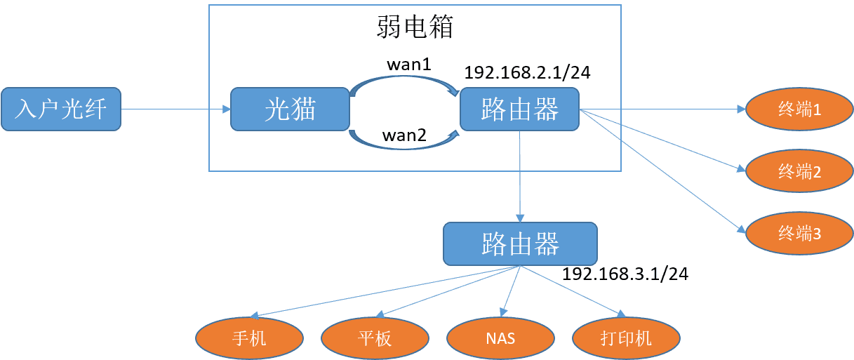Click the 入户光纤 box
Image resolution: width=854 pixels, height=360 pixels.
(61, 109)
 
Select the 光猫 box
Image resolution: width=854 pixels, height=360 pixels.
(290, 109)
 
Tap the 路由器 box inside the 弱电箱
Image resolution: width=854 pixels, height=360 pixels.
(519, 109)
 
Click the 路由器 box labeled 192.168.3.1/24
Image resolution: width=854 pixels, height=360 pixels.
(520, 244)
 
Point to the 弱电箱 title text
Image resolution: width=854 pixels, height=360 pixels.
(415, 27)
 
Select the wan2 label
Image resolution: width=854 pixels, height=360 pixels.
(403, 135)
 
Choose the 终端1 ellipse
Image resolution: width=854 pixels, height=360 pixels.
(799, 110)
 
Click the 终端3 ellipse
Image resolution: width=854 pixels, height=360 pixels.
(799, 234)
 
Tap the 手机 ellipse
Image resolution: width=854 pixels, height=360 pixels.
(249, 338)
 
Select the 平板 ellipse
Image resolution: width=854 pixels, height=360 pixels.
(375, 338)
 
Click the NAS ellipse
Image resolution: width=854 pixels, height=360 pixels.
(500, 338)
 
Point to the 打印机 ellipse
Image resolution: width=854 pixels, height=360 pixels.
(626, 338)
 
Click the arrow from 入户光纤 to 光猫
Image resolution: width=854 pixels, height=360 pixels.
(175, 109)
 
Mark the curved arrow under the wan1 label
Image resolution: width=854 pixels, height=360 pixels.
(403, 78)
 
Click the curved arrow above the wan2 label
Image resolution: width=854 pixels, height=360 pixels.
(403, 146)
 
